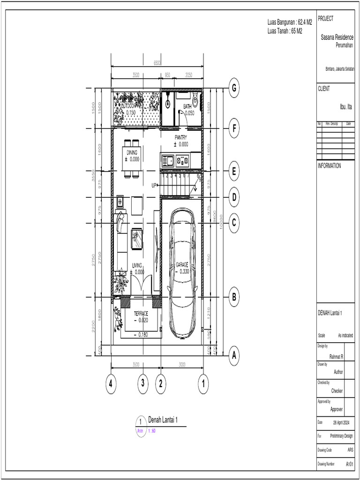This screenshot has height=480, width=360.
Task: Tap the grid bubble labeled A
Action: click(233, 356)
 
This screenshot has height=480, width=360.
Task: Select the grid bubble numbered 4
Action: click(111, 383)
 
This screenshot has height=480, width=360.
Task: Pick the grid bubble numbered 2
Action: click(160, 383)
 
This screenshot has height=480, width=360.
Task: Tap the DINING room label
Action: click(132, 153)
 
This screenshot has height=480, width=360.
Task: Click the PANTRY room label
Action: click(181, 137)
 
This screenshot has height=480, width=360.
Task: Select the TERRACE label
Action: click(141, 314)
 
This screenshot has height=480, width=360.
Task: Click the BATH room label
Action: click(187, 107)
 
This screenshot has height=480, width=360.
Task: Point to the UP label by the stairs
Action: click(154, 186)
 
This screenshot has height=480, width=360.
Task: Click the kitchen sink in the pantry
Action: click(168, 161)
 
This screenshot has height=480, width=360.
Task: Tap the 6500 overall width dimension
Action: click(157, 62)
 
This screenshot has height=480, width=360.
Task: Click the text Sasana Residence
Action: click(337, 37)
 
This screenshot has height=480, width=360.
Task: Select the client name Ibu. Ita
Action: click(345, 107)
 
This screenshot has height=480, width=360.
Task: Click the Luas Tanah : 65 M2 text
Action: click(285, 30)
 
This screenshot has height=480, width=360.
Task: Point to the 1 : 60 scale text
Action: click(154, 430)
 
